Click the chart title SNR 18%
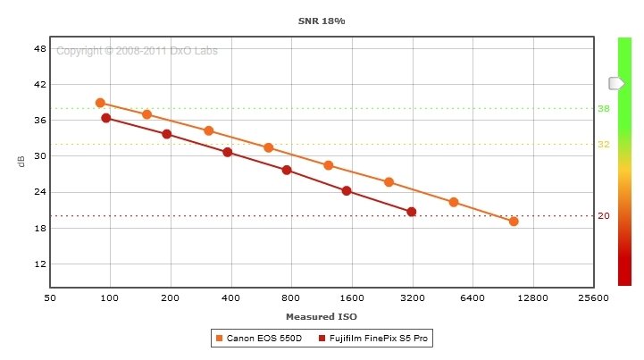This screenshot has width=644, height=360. [321, 20]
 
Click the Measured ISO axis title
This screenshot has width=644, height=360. [321, 317]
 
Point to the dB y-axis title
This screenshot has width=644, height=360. [21, 162]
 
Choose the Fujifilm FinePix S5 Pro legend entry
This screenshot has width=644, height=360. [375, 339]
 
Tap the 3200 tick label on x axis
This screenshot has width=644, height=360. [412, 297]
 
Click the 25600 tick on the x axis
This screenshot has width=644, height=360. [592, 297]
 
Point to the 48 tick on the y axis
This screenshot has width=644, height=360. [39, 48]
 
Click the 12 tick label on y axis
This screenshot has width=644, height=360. [39, 264]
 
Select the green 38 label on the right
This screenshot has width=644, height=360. [603, 109]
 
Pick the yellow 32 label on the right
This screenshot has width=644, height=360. [603, 145]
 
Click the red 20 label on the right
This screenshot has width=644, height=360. [603, 216]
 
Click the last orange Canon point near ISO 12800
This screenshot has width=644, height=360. [514, 221]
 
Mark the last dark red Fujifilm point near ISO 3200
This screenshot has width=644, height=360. [411, 212]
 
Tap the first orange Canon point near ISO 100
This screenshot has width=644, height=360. [100, 103]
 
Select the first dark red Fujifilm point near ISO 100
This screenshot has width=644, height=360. [106, 118]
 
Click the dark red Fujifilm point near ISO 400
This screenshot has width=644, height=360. [227, 152]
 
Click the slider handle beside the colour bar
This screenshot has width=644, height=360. [616, 83]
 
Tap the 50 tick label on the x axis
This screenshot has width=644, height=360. [50, 297]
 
